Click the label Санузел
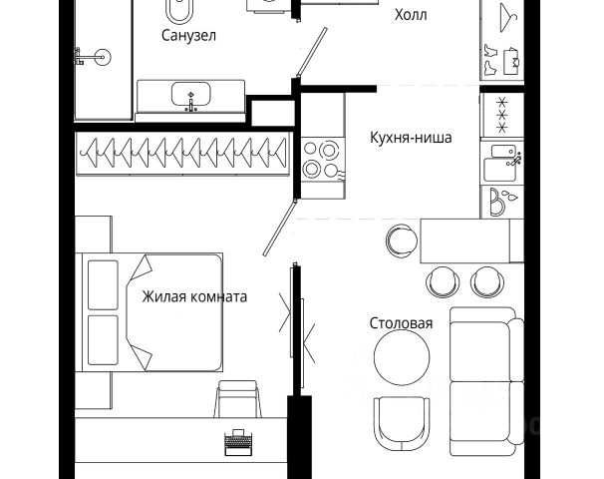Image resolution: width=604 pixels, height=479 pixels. (x=188, y=36)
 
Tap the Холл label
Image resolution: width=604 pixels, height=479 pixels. (x=416, y=16)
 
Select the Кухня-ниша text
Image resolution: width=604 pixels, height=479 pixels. (x=410, y=138)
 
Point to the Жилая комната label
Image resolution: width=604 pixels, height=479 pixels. (x=193, y=296)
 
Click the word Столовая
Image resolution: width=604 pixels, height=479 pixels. (x=401, y=323)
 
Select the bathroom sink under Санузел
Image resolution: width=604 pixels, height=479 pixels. (x=190, y=97)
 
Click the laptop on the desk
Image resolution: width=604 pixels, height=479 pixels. (x=238, y=442)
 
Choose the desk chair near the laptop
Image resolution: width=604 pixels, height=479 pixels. (x=237, y=399)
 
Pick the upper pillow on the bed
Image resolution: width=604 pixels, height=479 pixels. (x=104, y=284)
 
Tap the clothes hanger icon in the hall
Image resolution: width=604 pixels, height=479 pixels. (x=504, y=15)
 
